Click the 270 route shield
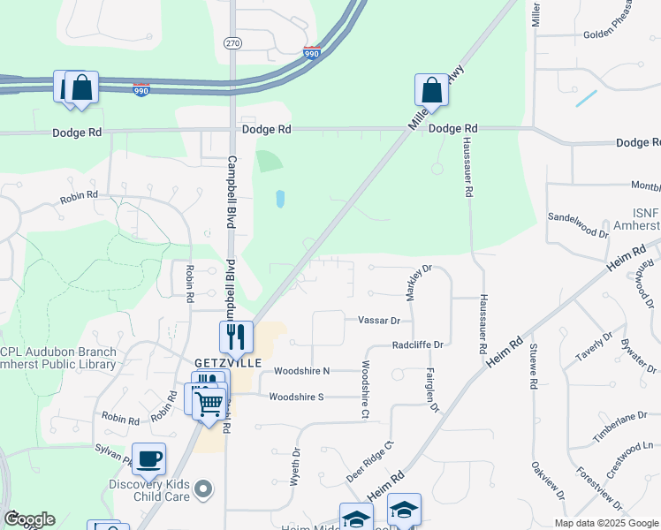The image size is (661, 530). (x=232, y=42)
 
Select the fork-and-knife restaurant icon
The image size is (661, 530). (x=236, y=336)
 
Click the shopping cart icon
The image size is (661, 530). (x=210, y=403)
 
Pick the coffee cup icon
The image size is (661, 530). (x=148, y=458)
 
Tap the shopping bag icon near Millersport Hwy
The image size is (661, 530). (x=431, y=89)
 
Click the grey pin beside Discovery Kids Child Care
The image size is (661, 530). (x=204, y=488)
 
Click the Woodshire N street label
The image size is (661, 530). (x=301, y=371)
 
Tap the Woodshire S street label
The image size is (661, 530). (x=298, y=397)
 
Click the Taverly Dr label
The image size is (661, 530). (x=594, y=348)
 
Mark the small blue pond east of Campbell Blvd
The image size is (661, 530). (x=280, y=199)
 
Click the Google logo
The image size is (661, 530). (x=29, y=519)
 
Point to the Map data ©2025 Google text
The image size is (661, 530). (x=605, y=522)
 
